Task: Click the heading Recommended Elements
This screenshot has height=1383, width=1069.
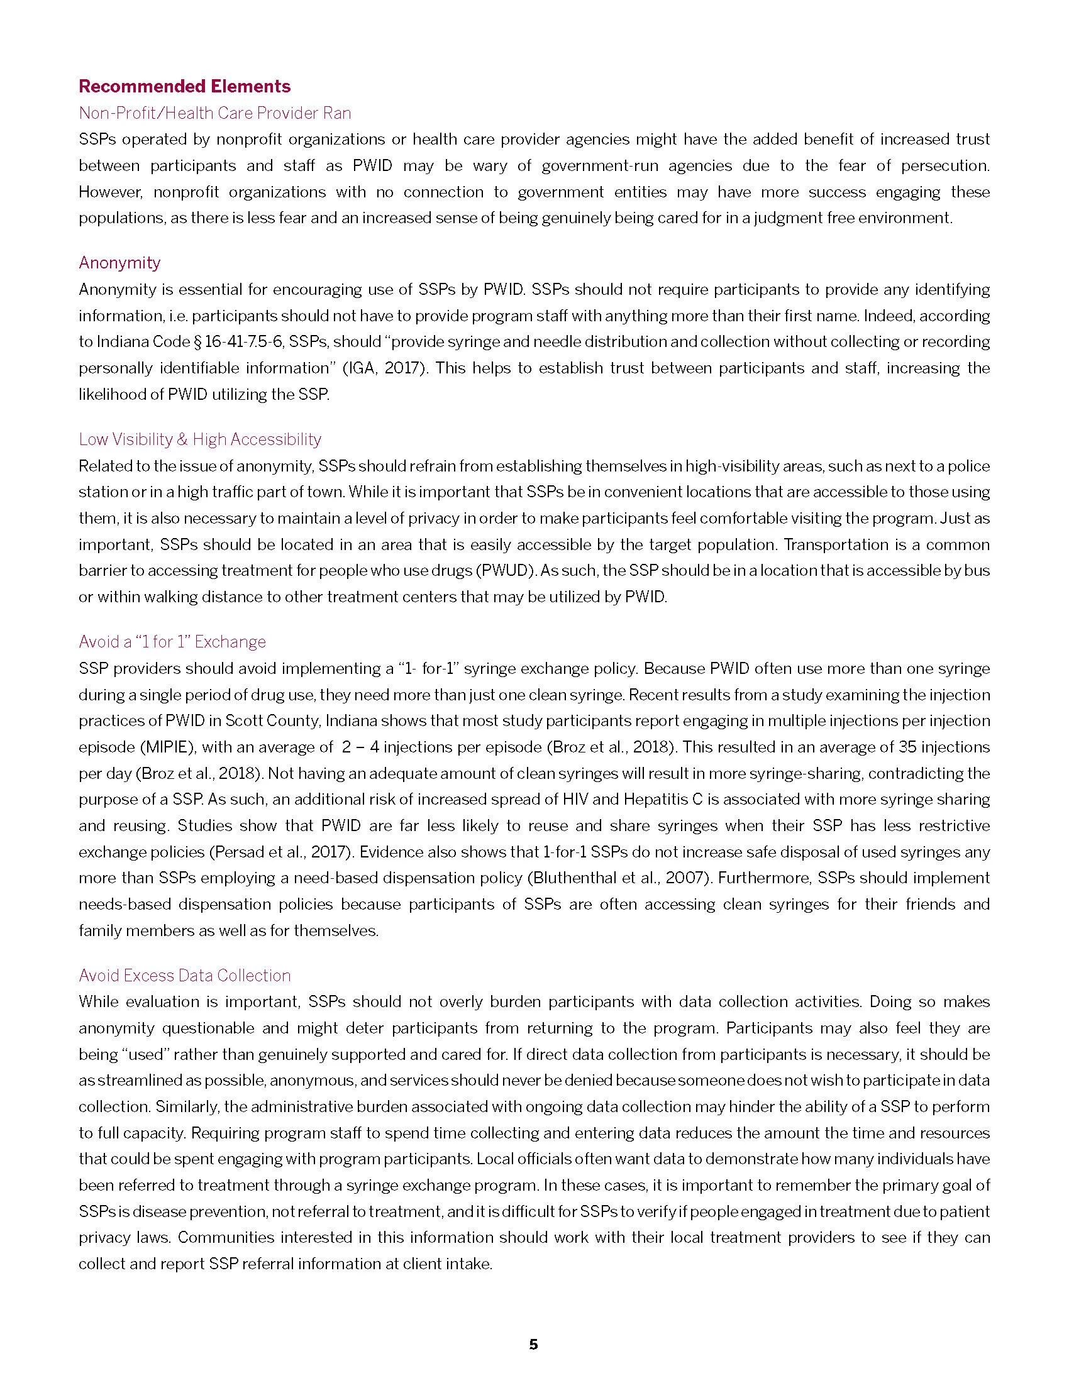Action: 184,86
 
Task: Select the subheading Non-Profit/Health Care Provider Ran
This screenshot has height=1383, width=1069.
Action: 214,113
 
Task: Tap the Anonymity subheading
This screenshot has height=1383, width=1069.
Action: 119,263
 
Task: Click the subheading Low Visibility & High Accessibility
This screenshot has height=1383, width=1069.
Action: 199,439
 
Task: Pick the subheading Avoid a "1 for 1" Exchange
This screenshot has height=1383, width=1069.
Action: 172,642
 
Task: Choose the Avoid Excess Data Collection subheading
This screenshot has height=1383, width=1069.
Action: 184,976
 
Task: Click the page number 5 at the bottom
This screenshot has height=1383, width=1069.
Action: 533,1345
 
